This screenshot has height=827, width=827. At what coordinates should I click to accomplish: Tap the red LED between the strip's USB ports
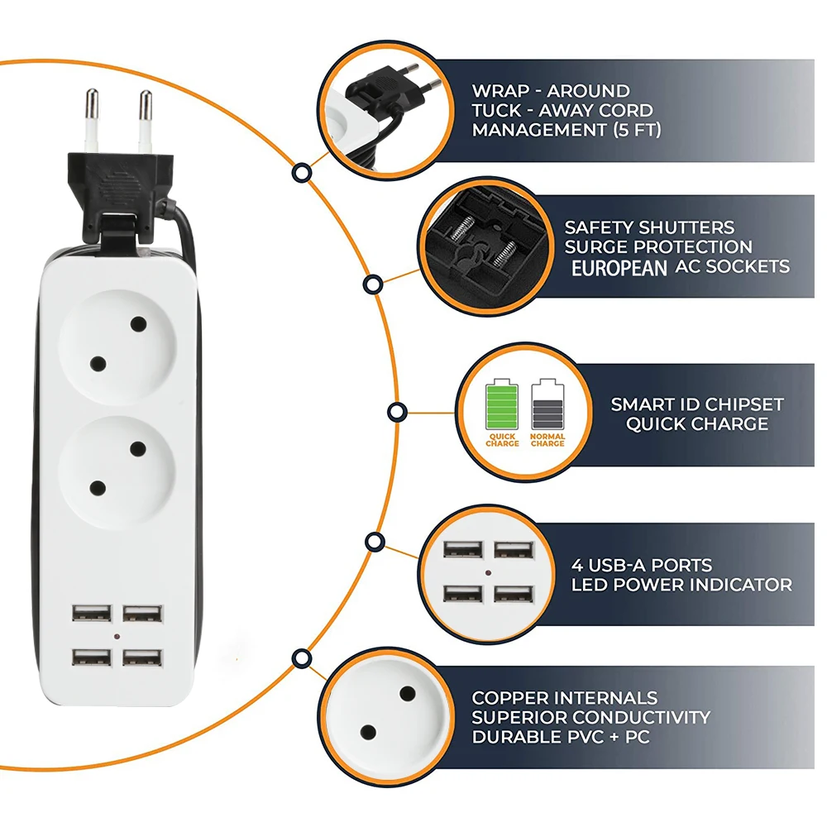(x=117, y=638)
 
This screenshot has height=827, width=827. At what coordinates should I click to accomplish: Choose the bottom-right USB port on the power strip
(x=143, y=658)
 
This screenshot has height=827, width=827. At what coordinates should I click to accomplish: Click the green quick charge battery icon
(x=503, y=404)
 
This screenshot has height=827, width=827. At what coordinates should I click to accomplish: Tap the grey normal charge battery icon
(x=547, y=404)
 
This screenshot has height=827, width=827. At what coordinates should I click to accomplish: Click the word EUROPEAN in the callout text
(x=619, y=267)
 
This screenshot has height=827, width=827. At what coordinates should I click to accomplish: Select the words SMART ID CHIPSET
(x=696, y=404)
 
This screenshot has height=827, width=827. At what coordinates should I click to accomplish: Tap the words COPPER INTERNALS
(x=565, y=698)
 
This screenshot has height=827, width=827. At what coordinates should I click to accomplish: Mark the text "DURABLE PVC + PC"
(x=561, y=736)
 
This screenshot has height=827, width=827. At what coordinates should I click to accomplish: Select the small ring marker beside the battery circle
(x=397, y=411)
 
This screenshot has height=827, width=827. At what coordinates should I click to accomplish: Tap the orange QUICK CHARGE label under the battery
(x=503, y=440)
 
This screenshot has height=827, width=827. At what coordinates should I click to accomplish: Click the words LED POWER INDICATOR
(x=681, y=585)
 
